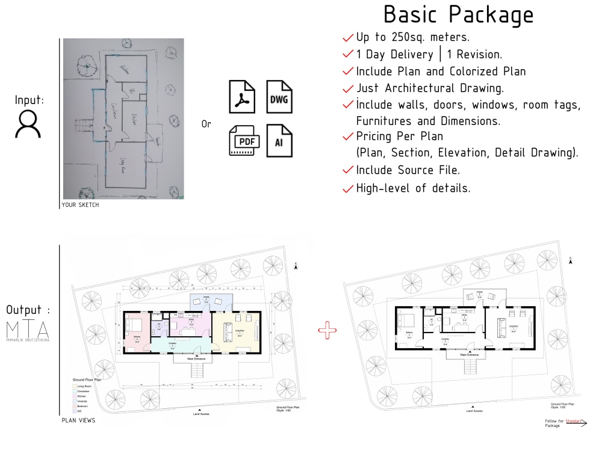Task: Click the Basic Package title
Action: click(459, 14)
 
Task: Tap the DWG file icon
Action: click(279, 96)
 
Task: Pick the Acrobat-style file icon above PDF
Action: click(242, 96)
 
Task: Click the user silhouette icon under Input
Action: click(28, 124)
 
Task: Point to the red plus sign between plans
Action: click(327, 329)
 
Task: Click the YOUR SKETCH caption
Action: click(80, 205)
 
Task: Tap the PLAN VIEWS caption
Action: click(78, 420)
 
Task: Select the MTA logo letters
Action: click(28, 329)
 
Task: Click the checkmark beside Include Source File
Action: click(347, 171)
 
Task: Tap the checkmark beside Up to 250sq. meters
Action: click(347, 37)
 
